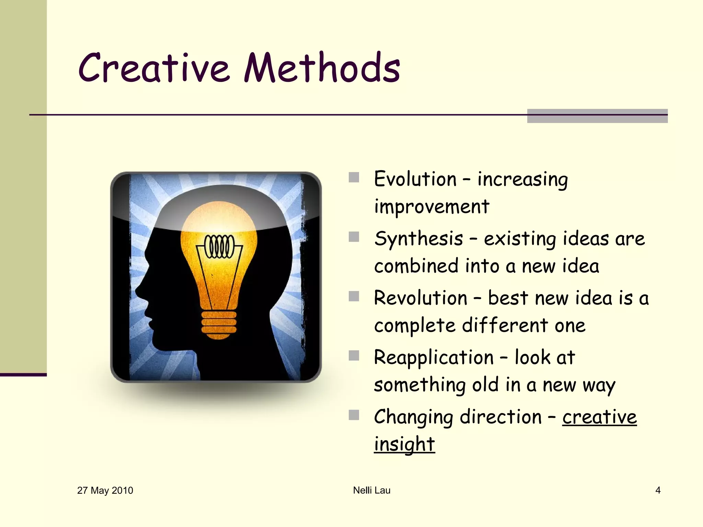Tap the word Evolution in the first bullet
pos(415,179)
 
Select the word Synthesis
pos(418,239)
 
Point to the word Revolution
pos(420,298)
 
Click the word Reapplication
pos(434,358)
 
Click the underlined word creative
pos(599,417)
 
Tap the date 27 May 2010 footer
pos(105,490)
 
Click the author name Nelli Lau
pos(371,490)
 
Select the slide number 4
pos(658,490)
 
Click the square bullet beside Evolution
pos(354,177)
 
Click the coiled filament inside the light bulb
pos(220,246)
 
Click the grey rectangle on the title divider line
pos(597,116)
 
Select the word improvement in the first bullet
pos(431,207)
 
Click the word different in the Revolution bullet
pos(505,325)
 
